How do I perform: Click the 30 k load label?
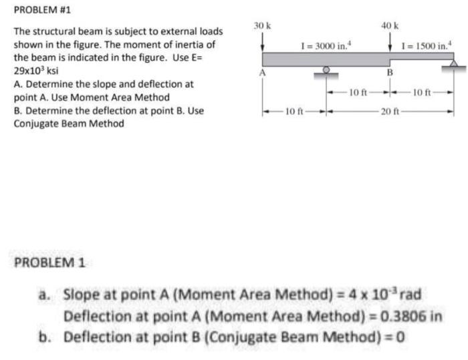point(261,25)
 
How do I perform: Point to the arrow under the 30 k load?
point(262,41)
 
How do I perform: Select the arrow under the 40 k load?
point(391,41)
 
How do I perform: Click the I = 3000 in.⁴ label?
point(326,45)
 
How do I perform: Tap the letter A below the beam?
point(263,71)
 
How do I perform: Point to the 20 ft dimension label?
point(390,110)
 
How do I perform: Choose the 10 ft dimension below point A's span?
point(294,110)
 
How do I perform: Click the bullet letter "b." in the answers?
point(47,335)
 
